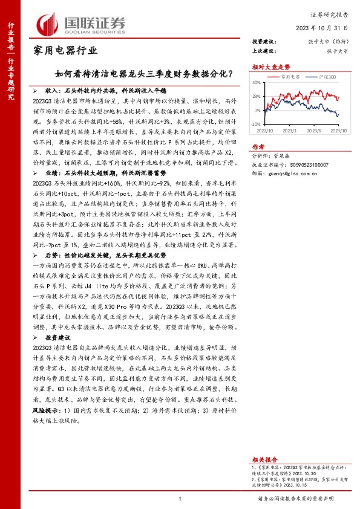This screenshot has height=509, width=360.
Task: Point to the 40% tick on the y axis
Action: coord(258,82)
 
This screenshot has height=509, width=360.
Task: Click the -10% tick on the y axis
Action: coord(257,123)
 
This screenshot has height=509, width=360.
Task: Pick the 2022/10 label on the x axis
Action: coord(264,129)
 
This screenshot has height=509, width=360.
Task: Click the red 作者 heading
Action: coord(258,147)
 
